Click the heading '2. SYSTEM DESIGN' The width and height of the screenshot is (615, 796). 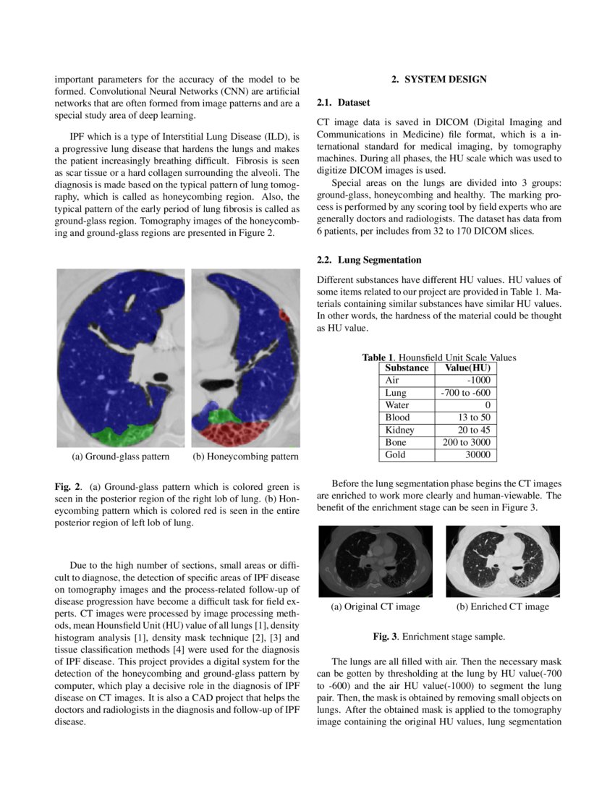click(x=439, y=80)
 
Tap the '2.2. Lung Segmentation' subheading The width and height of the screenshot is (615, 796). click(x=369, y=260)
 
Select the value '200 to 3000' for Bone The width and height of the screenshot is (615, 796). click(x=466, y=442)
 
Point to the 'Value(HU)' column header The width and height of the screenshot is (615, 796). click(x=467, y=368)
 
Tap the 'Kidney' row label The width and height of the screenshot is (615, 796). click(x=399, y=430)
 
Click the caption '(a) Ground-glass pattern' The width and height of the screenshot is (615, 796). click(x=120, y=457)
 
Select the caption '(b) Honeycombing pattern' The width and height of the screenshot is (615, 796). click(x=245, y=457)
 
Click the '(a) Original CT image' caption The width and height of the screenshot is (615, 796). click(x=375, y=606)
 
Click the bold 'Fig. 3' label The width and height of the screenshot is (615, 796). click(x=385, y=637)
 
